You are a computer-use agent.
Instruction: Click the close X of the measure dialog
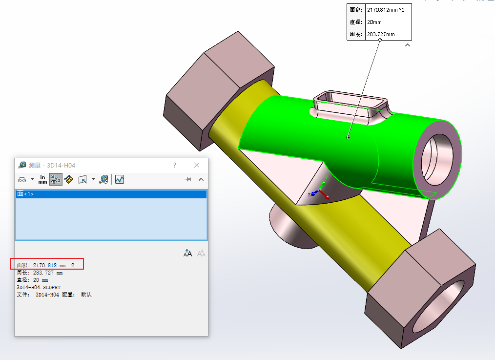point(197,165)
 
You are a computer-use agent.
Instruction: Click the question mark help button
point(175,165)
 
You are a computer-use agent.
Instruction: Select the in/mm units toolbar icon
point(43,179)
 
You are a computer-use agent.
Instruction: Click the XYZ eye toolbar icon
point(56,179)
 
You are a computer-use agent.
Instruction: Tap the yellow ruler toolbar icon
point(69,179)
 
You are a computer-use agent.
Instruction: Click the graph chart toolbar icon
point(120,179)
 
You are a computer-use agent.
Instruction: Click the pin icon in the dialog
point(187,179)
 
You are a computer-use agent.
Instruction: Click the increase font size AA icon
point(188,253)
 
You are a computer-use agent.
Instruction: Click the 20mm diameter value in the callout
point(374,22)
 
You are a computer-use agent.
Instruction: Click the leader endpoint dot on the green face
point(348,137)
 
